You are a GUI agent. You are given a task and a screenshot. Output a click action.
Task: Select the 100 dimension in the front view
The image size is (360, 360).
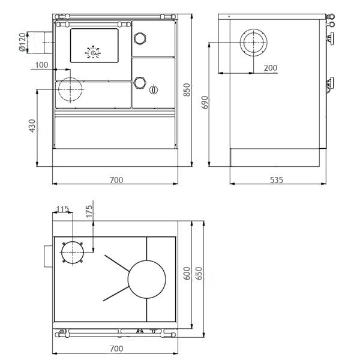[x=42, y=64]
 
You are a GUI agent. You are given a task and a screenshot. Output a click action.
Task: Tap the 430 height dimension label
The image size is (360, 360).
[x=32, y=126]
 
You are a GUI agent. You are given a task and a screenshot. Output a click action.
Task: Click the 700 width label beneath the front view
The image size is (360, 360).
[x=116, y=180]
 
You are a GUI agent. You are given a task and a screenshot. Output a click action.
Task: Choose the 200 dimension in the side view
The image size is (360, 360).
[x=270, y=68]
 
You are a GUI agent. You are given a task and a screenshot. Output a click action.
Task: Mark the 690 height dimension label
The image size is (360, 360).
[x=205, y=103]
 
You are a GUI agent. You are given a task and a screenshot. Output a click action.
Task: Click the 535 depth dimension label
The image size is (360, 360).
[x=276, y=180]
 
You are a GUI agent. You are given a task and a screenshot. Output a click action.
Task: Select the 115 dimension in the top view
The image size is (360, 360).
[x=62, y=209]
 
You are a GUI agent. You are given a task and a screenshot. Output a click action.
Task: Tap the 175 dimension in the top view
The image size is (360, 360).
[x=89, y=212]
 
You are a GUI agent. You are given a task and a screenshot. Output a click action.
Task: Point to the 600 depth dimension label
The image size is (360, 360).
[x=187, y=274]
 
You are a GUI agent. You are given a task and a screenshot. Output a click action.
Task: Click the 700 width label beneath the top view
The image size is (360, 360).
[x=116, y=349]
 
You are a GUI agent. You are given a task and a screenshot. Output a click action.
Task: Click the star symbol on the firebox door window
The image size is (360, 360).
[x=94, y=52]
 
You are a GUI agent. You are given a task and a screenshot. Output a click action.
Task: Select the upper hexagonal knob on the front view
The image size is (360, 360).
[x=140, y=38]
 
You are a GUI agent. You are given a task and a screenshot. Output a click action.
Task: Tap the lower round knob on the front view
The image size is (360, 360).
[x=140, y=82]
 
